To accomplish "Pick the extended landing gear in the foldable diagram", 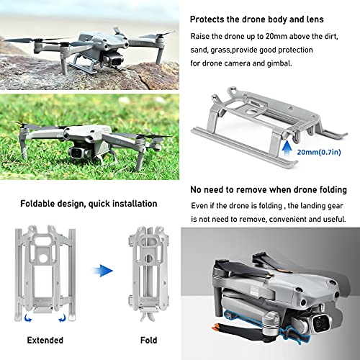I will click(48, 266).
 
